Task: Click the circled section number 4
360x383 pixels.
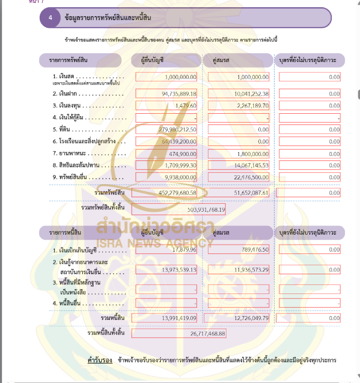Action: [51, 18]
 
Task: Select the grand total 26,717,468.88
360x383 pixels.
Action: [204, 334]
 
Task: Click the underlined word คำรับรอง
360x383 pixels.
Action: [100, 360]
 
